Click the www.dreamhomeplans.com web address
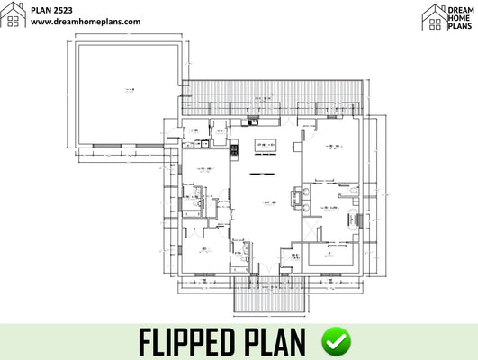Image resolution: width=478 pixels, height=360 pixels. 86,21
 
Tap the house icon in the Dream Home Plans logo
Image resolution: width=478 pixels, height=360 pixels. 434,14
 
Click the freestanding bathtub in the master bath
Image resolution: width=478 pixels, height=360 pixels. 362,217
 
